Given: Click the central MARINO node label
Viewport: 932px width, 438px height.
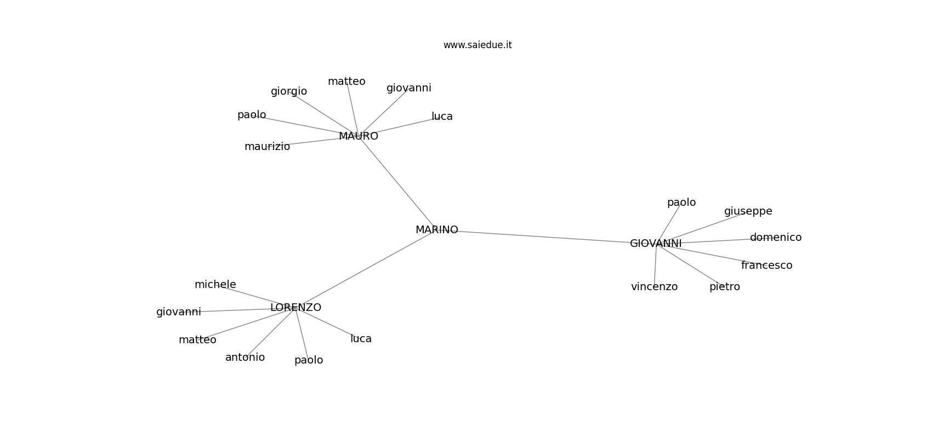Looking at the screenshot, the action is (x=437, y=230).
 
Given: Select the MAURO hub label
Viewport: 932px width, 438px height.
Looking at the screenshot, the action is (x=359, y=136).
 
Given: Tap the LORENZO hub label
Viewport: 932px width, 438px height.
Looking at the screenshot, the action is (x=296, y=308).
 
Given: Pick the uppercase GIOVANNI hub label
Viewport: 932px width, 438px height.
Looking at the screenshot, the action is (x=656, y=244).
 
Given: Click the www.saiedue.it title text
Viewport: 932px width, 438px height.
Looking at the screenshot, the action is (x=478, y=45).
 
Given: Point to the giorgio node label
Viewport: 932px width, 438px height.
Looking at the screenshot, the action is (x=289, y=91).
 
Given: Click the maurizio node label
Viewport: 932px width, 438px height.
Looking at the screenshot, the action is (x=267, y=147).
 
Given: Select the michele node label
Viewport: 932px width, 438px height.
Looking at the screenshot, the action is (x=215, y=285).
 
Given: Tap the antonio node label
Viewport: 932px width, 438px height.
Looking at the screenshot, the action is (x=245, y=358).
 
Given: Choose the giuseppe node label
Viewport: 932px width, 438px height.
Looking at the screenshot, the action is (x=748, y=211).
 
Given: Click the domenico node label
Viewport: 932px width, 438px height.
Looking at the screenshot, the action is (x=776, y=237).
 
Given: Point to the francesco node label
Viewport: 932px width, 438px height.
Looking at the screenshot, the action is (x=767, y=265).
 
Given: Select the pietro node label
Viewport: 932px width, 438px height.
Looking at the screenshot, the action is (x=725, y=287).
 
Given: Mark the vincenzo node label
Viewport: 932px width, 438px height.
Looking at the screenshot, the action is (x=655, y=287).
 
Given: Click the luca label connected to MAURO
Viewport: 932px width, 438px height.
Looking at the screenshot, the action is (x=442, y=117).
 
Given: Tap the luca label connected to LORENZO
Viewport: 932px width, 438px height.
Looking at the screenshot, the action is (x=361, y=339).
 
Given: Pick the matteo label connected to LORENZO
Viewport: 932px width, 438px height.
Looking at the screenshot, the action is (x=197, y=340).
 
